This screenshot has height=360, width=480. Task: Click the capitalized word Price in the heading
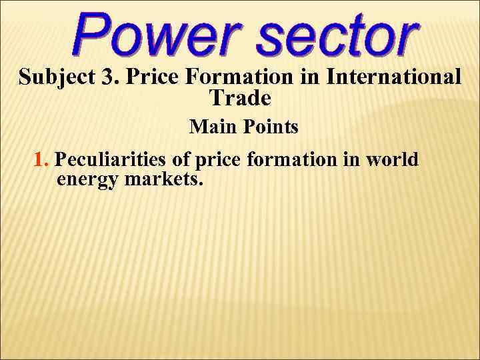[x=153, y=77]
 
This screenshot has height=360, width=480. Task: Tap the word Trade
[x=240, y=99]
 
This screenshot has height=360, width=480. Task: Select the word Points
[x=269, y=127]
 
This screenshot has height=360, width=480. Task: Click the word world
[x=393, y=161]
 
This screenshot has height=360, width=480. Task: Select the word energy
[x=87, y=180]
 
